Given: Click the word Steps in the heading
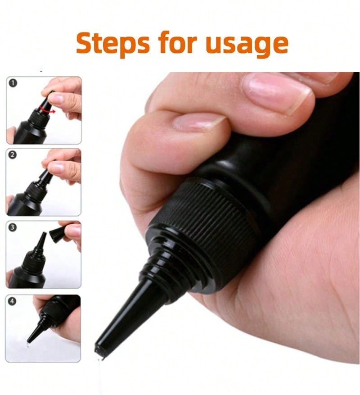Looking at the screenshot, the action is (x=113, y=43).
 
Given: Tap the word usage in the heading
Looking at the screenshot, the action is (x=247, y=45).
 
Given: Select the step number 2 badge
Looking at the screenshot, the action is (x=13, y=154).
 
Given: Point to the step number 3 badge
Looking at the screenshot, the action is (x=13, y=227).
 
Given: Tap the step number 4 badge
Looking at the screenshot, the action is (x=12, y=301).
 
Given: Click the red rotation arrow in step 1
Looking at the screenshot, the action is (x=47, y=110).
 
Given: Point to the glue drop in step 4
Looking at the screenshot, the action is (x=28, y=345).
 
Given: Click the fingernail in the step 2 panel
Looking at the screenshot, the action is (x=56, y=167).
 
